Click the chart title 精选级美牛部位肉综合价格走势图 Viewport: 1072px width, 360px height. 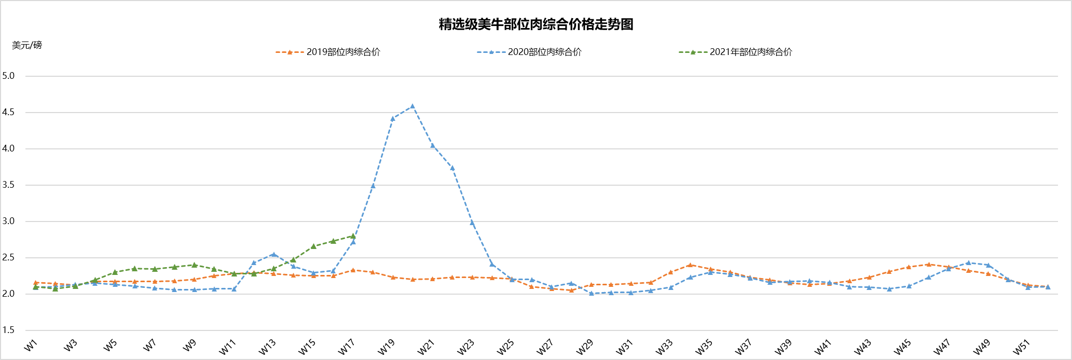535,24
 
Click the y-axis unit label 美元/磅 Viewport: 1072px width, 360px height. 27,45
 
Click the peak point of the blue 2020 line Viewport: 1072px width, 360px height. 413,106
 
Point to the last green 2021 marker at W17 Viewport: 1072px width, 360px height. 353,236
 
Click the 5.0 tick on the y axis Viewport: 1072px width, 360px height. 8,76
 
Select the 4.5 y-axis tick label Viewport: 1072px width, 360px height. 8,112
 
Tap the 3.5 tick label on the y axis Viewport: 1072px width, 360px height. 8,185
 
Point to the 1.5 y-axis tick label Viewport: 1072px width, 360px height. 8,330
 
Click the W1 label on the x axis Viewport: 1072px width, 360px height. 31,345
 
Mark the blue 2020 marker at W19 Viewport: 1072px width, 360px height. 393,119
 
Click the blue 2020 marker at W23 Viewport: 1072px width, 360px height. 472,223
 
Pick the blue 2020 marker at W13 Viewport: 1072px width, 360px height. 273,255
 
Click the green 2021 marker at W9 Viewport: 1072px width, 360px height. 194,265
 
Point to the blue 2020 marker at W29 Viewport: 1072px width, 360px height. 591,294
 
